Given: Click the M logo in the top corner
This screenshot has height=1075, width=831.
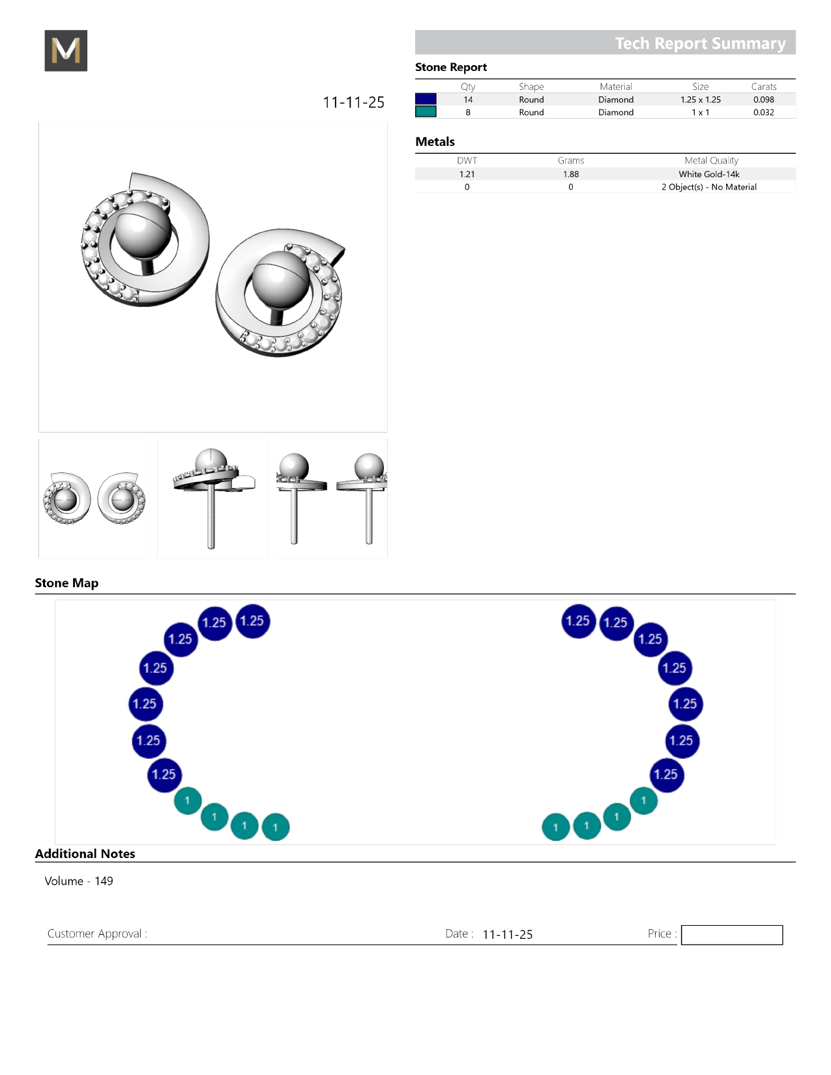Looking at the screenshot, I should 66,51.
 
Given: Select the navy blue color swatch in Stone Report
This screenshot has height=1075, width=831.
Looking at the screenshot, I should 426,99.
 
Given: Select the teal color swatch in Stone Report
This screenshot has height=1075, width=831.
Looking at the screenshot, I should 426,111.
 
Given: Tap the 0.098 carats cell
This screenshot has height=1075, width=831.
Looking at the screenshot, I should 763,100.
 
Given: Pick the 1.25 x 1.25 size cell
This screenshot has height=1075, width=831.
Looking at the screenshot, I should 700,100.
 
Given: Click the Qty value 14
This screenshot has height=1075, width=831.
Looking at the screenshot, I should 468,100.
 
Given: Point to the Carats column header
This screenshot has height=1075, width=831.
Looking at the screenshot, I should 763,87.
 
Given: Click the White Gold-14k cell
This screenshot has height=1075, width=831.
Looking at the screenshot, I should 708,174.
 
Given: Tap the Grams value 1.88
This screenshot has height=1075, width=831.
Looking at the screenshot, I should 570,174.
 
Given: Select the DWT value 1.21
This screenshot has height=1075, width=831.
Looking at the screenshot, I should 467,174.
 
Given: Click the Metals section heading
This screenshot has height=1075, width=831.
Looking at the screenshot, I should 435,142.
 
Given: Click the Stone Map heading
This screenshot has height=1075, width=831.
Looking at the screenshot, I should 66,583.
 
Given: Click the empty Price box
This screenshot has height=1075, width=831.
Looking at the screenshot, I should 731,935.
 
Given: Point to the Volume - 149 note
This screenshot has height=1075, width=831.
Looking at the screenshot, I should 79,881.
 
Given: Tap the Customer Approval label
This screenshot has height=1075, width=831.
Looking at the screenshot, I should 97,934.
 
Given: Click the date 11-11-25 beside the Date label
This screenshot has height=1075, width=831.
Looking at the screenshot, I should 507,934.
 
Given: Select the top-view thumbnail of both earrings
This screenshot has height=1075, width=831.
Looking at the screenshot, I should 94,498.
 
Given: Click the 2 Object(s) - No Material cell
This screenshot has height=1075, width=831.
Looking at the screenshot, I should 708,187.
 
